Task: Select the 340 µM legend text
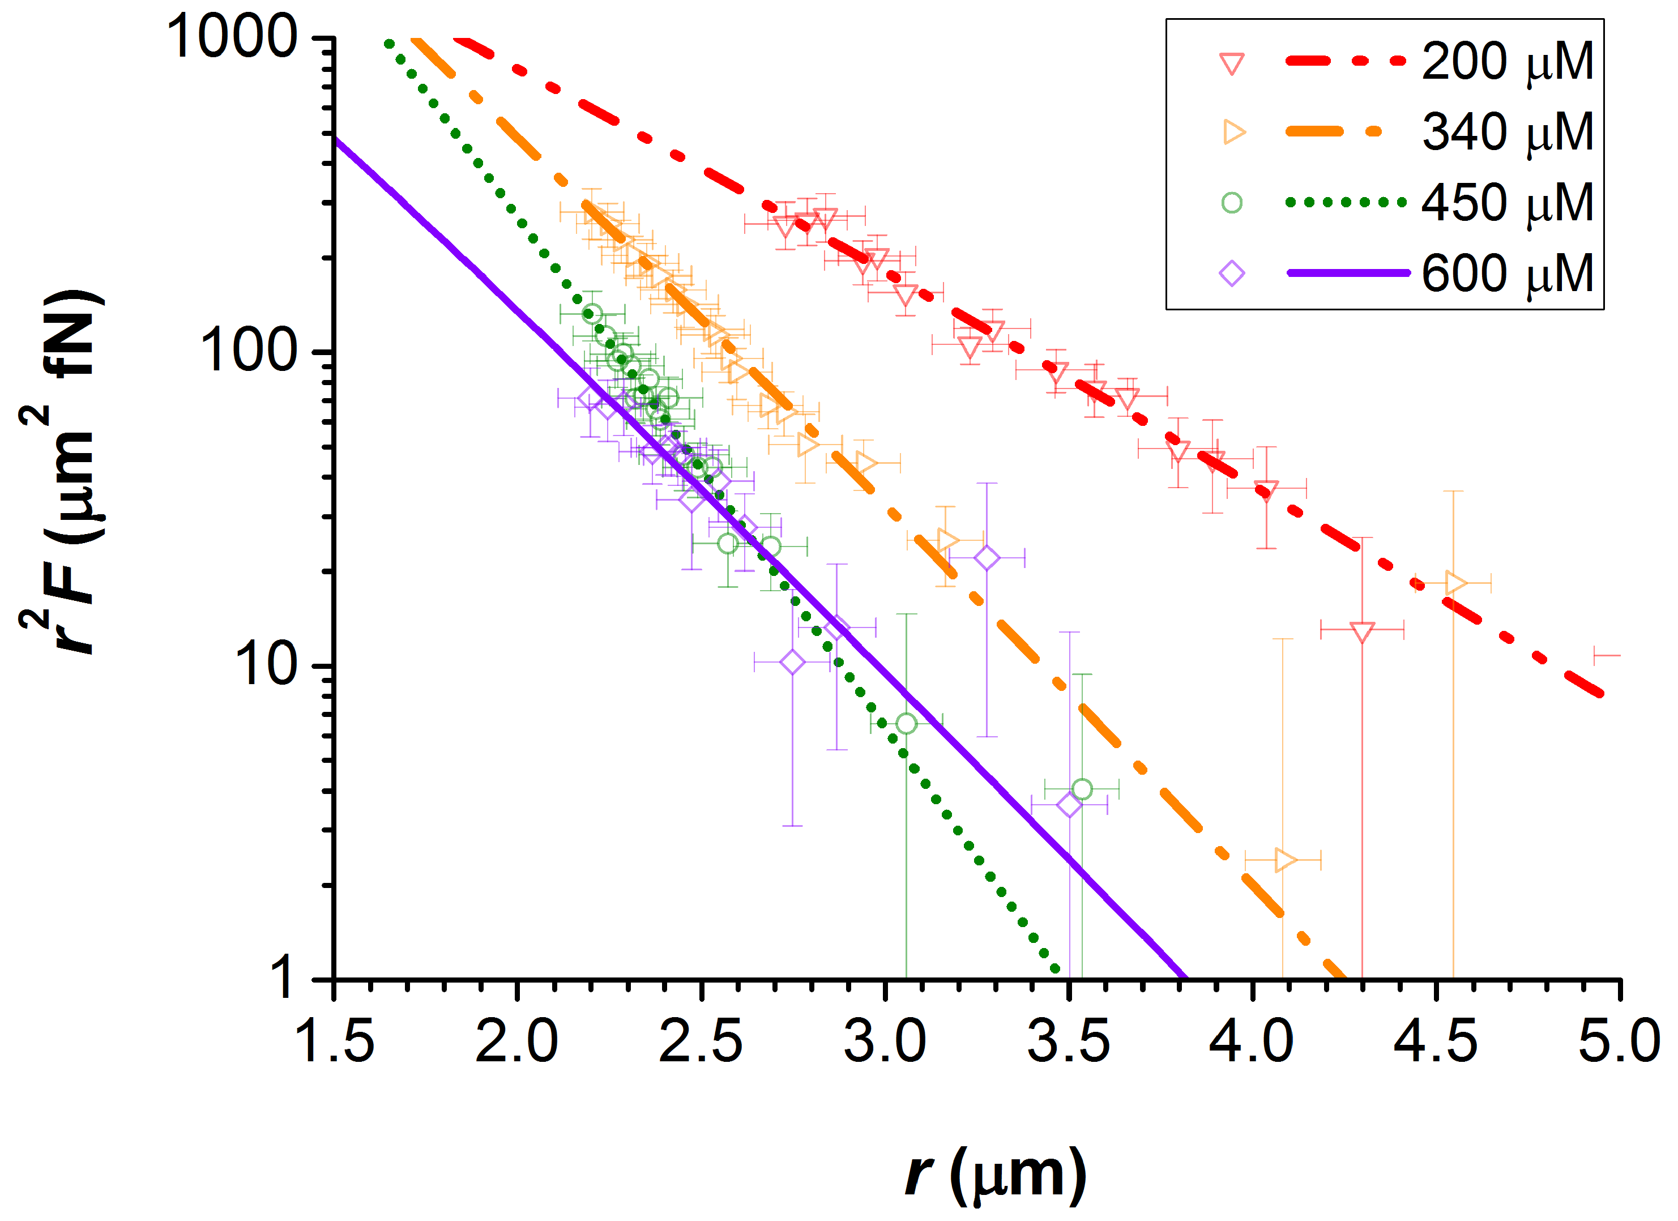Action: [1507, 133]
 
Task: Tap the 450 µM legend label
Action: [1507, 203]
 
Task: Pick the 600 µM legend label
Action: [1507, 274]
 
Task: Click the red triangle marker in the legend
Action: [1232, 63]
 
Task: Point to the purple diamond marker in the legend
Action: [1232, 274]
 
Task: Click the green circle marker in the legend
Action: [1232, 203]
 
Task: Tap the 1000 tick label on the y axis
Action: [231, 37]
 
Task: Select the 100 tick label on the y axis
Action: [248, 351]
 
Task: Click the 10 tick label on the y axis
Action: [265, 664]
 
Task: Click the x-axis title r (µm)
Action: [995, 1173]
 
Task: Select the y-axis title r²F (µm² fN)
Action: [63, 473]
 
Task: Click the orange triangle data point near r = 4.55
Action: [1454, 583]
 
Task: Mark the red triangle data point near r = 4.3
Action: [1362, 631]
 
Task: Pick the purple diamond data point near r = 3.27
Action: [986, 558]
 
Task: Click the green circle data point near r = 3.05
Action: [906, 724]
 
